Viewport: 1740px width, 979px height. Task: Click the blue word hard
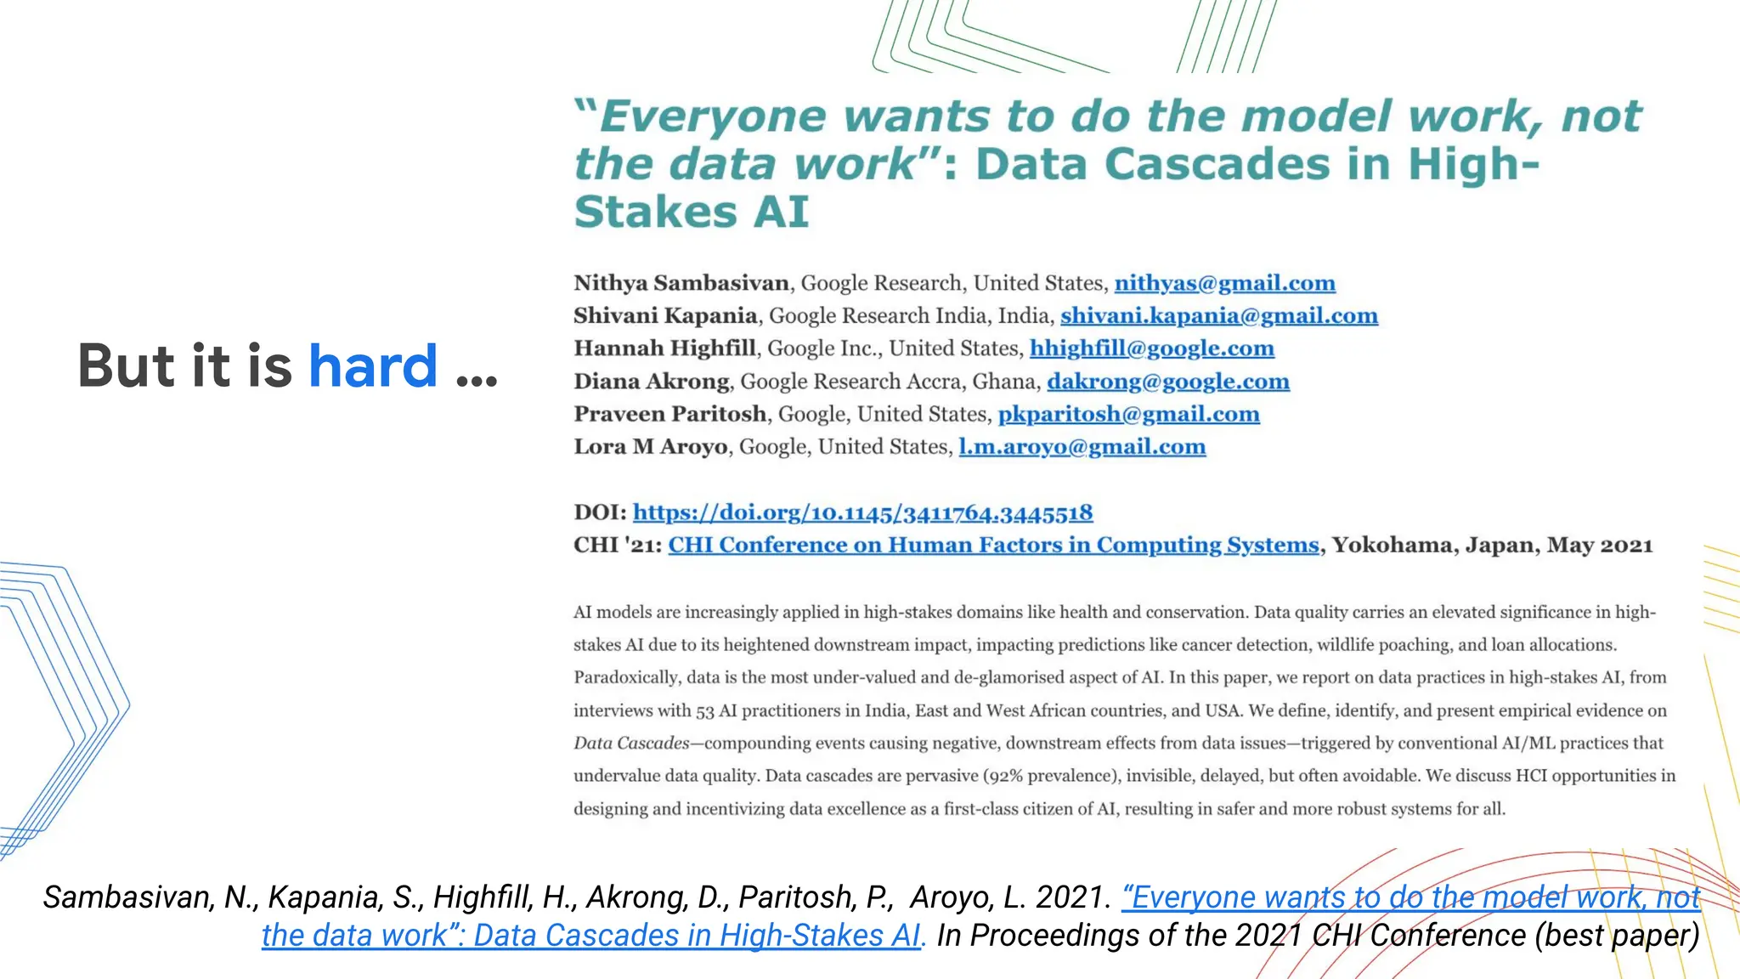373,366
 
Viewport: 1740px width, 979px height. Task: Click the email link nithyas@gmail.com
1224,283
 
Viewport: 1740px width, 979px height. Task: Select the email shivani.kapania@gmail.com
1218,316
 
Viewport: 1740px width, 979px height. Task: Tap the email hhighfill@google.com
1151,348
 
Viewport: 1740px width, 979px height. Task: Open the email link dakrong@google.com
1167,382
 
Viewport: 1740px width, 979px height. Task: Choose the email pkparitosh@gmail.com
1128,414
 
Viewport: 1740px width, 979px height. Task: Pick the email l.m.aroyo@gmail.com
1082,447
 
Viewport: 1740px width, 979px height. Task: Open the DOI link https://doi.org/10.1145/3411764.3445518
862,512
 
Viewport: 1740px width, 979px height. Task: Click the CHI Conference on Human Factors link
993,545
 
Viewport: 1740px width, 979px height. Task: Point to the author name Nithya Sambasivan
681,283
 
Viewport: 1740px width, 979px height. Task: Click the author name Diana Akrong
651,382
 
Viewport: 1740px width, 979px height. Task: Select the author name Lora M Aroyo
650,447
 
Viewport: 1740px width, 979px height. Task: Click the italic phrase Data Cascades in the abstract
631,744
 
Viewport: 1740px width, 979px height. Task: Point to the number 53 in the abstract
705,711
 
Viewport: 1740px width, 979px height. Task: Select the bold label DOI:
600,512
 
